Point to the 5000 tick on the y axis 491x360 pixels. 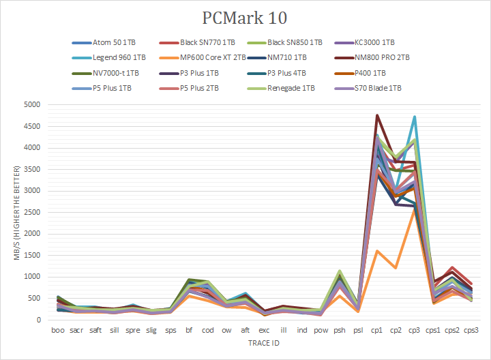pyautogui.click(x=32, y=105)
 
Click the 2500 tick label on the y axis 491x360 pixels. pyautogui.click(x=32, y=213)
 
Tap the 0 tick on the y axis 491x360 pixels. pyautogui.click(x=40, y=320)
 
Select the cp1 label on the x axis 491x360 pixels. pyautogui.click(x=376, y=331)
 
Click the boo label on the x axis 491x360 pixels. pyautogui.click(x=59, y=331)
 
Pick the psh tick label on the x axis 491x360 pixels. pyautogui.click(x=339, y=331)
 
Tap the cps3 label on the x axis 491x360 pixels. pyautogui.click(x=471, y=331)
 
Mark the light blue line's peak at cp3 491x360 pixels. pyautogui.click(x=414, y=117)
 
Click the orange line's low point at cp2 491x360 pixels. pyautogui.click(x=396, y=268)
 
